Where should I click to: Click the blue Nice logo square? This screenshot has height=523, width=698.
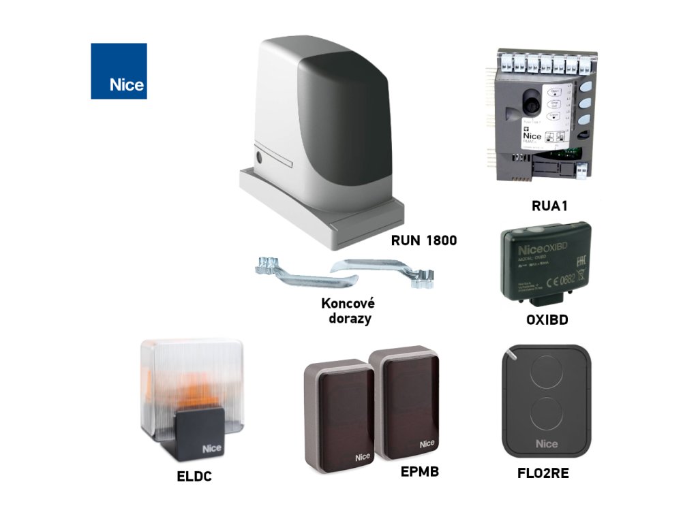[119, 71]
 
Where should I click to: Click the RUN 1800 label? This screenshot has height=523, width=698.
[423, 240]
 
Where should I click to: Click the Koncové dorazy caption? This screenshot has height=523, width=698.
[348, 311]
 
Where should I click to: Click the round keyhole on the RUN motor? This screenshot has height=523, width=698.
[258, 158]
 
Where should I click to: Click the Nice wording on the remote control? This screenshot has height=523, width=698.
[546, 444]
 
